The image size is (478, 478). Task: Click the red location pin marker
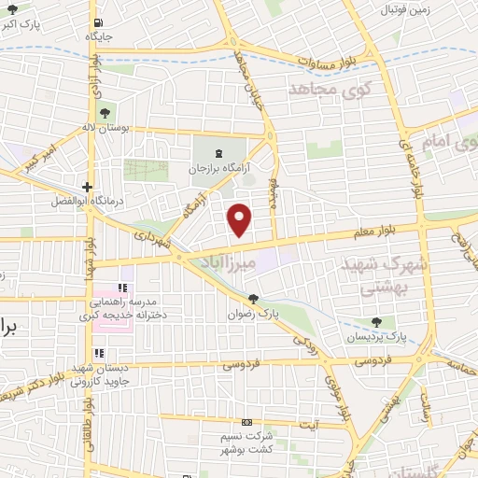241,218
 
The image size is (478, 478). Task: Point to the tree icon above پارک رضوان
253,299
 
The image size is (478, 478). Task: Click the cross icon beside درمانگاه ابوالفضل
87,186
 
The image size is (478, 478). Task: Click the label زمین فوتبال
405,9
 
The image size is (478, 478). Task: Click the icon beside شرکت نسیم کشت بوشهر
246,422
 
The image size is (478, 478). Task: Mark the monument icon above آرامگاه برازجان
219,153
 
